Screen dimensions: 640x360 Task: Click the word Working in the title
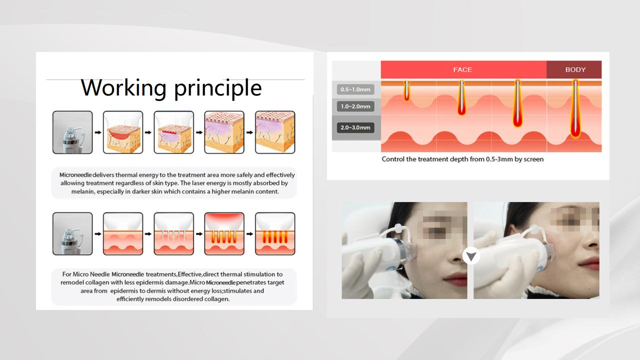point(123,87)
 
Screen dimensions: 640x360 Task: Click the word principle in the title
point(218,88)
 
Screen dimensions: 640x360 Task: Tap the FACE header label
point(462,69)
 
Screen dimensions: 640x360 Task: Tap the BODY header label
point(575,69)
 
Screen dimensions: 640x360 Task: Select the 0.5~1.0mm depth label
point(355,89)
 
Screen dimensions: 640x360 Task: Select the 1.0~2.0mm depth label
point(355,106)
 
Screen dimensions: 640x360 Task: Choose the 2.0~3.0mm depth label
point(355,127)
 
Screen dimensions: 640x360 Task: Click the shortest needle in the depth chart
point(406,90)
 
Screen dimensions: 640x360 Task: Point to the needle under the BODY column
point(575,109)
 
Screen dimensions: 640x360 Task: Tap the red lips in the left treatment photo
point(455,278)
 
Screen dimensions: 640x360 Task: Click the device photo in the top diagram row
point(72,132)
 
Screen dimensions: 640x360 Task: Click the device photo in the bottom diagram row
point(72,233)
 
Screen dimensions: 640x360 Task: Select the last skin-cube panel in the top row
point(275,132)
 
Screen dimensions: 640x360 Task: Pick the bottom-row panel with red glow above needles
point(224,233)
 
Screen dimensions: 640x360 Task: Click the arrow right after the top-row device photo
point(98,132)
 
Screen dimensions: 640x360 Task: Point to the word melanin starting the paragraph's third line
point(83,191)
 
